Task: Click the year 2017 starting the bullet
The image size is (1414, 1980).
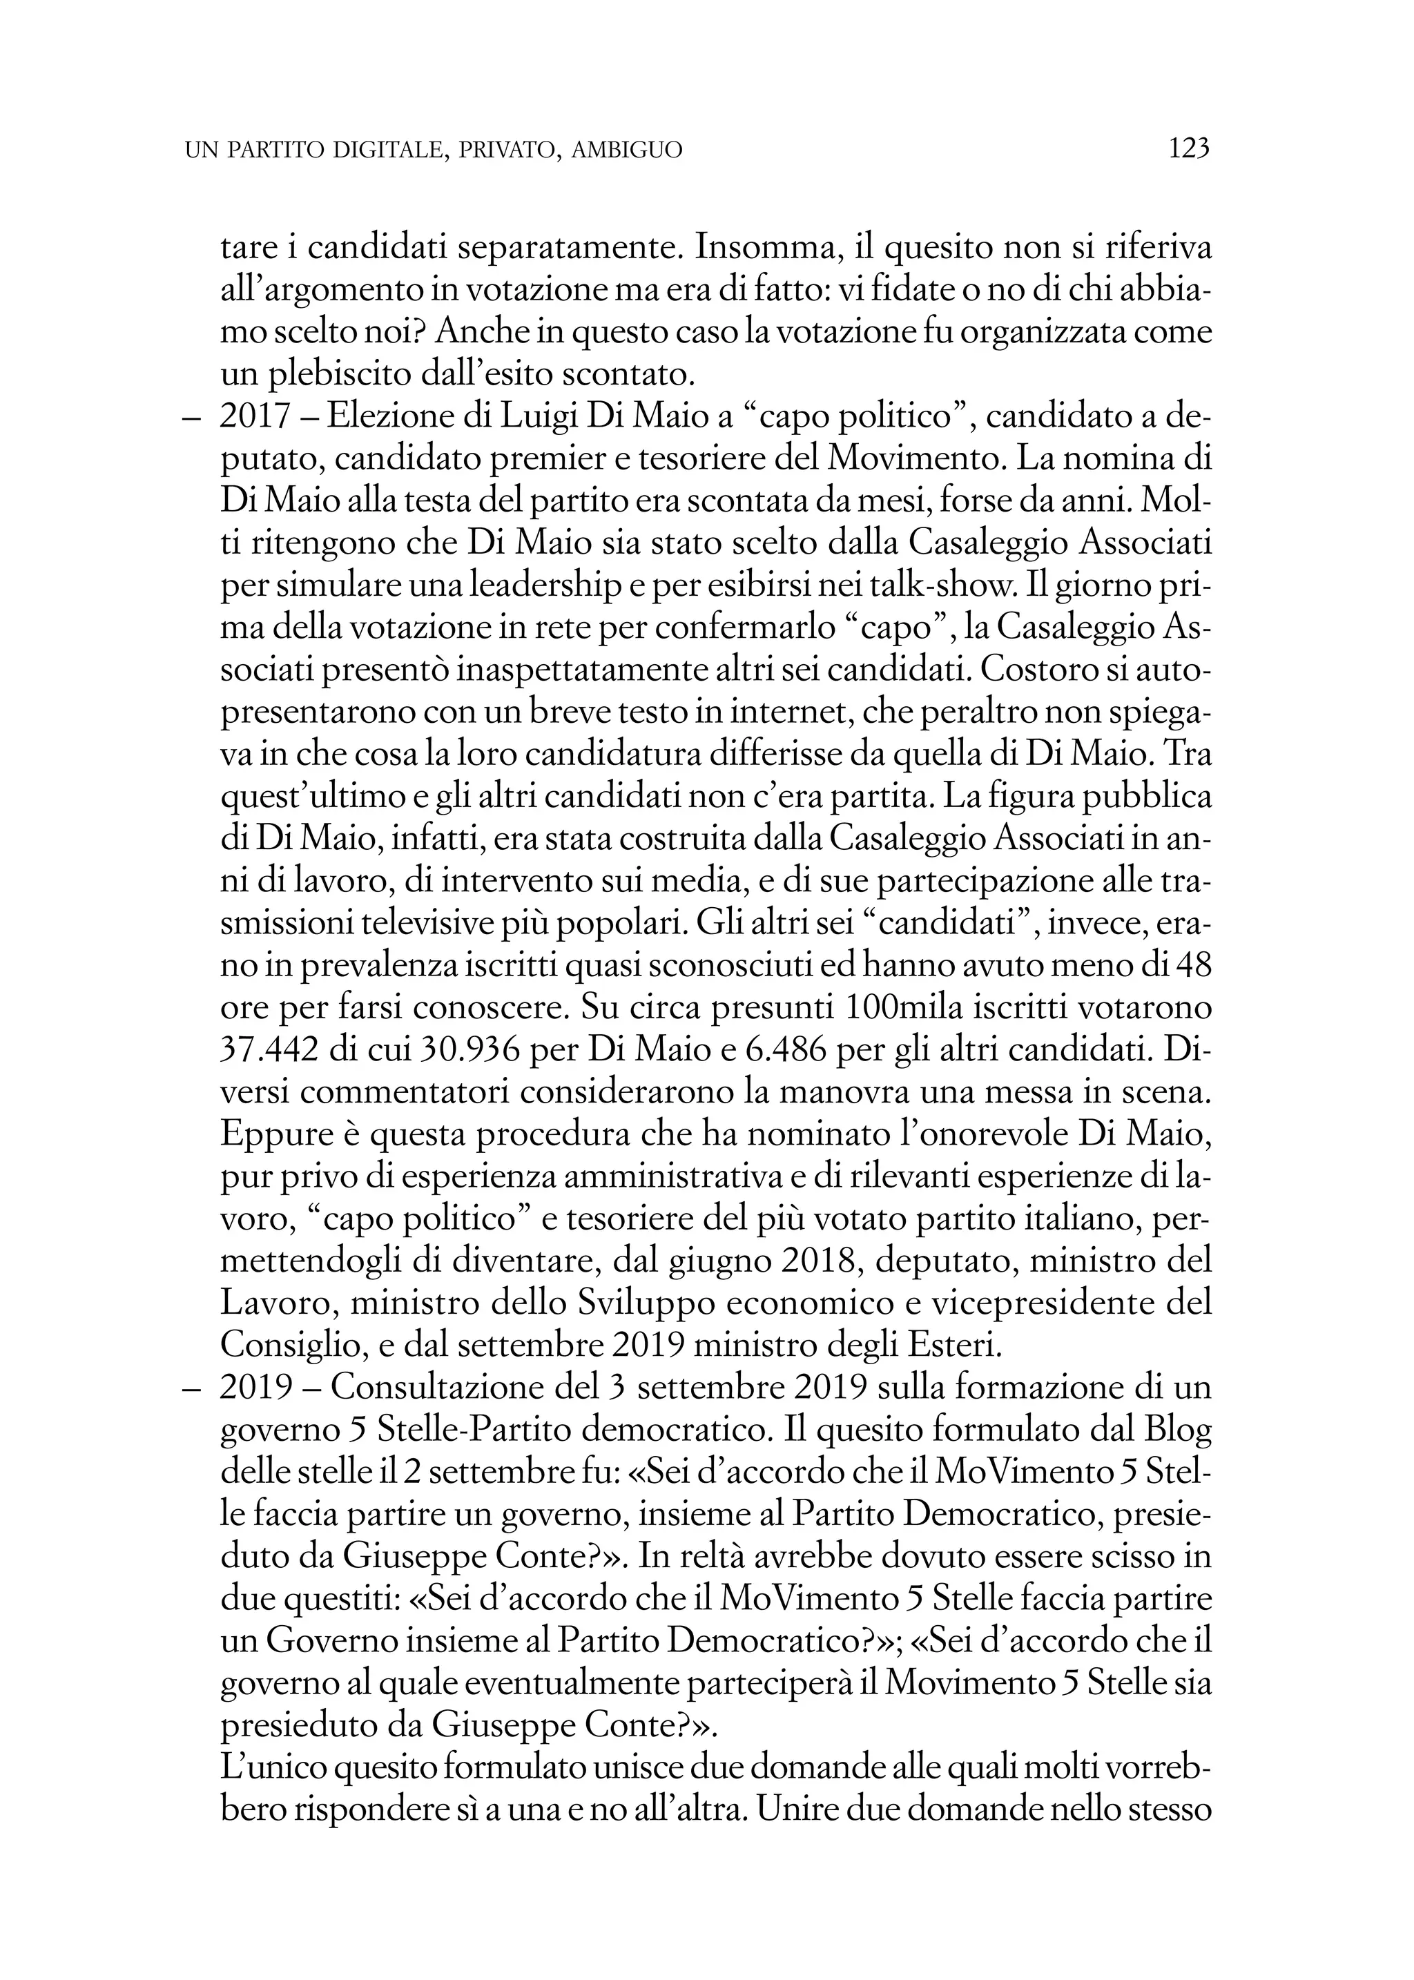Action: (x=254, y=416)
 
